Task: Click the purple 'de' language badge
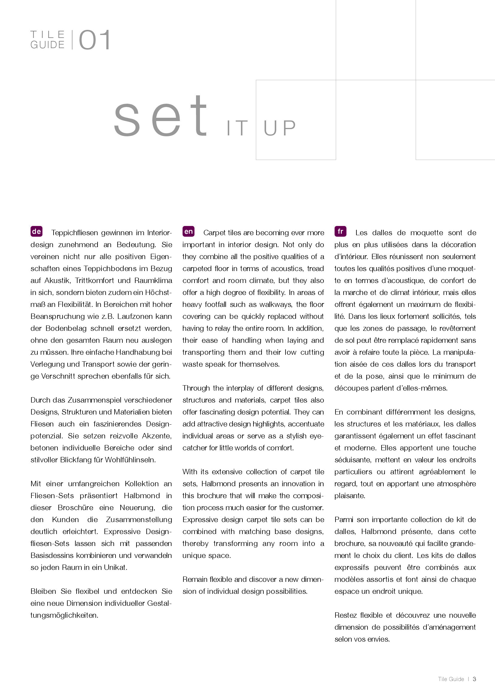click(x=36, y=231)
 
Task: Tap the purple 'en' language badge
click(x=188, y=231)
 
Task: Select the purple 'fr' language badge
click(x=340, y=231)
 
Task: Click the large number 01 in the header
click(x=95, y=40)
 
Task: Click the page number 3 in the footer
click(x=474, y=679)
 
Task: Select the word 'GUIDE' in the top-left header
click(x=48, y=45)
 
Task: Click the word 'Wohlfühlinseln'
click(x=130, y=460)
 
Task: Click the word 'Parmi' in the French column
click(x=344, y=520)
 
